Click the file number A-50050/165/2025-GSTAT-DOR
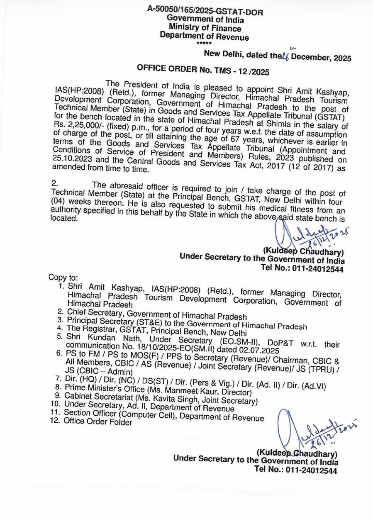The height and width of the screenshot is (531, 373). [x=205, y=10]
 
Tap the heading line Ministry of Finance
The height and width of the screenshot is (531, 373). [x=205, y=28]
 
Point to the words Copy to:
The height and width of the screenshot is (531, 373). [x=63, y=277]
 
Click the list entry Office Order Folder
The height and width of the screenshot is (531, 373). [x=98, y=422]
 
